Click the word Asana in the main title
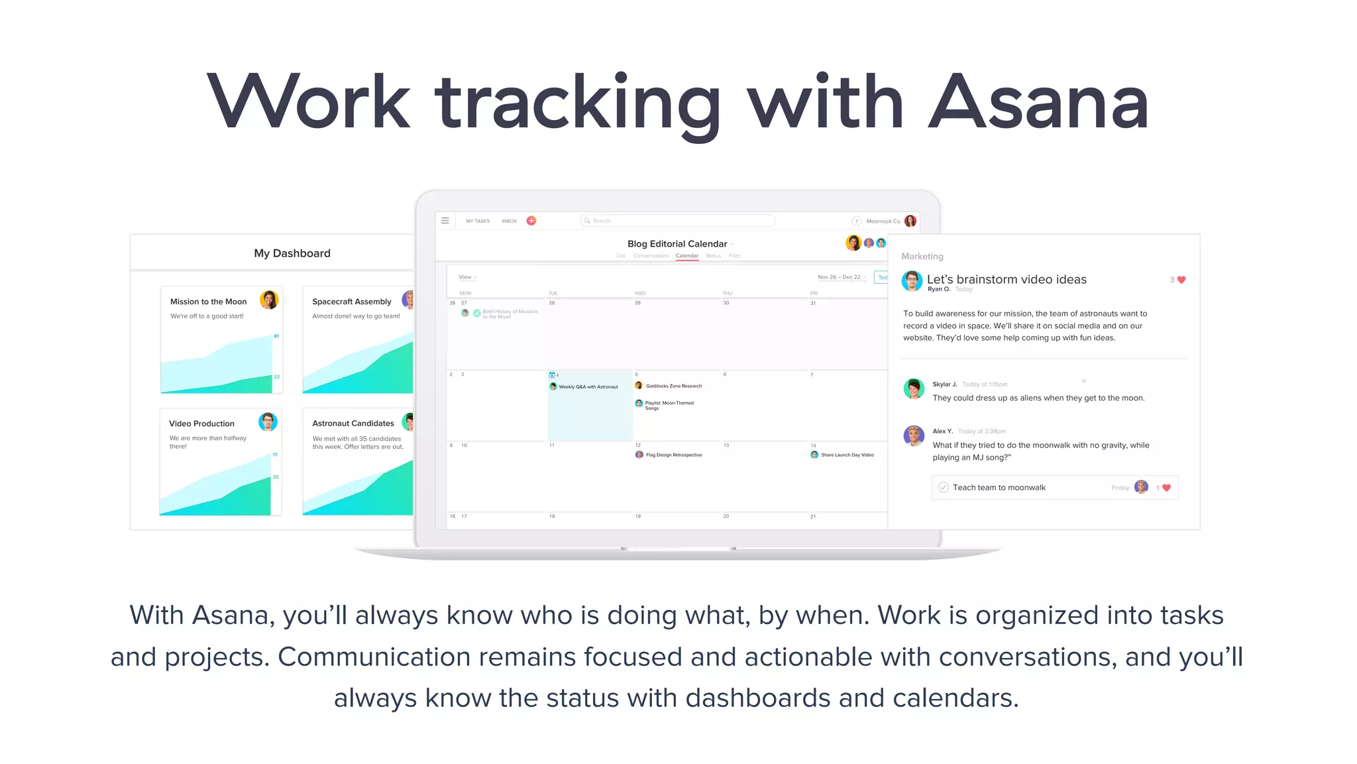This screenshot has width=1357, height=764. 1038,103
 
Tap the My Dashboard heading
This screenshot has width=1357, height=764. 292,253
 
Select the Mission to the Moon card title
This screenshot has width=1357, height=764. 208,302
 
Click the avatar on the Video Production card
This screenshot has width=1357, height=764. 268,422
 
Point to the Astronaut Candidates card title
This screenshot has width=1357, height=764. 353,423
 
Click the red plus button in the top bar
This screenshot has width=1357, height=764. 531,221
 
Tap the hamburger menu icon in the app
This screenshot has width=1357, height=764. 445,221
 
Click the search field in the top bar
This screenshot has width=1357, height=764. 677,221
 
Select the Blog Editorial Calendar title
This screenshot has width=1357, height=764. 677,244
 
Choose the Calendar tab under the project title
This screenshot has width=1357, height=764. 686,256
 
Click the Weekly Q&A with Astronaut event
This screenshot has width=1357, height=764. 587,387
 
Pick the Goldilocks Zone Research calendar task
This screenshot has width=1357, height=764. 673,386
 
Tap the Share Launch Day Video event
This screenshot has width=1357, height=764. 846,455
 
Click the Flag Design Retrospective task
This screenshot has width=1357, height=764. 673,455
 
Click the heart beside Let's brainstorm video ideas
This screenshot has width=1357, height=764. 1181,280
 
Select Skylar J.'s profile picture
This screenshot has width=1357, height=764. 914,388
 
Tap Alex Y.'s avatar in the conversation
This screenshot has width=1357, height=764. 914,436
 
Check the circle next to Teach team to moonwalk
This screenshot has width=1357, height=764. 944,487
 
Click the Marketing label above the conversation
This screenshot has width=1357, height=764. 922,257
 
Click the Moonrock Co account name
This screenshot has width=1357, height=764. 883,222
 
